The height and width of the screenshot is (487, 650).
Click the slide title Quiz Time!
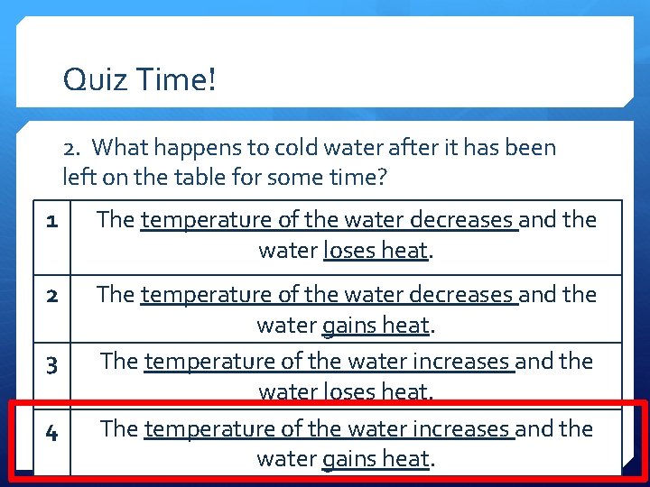pos(140,80)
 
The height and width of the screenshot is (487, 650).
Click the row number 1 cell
pos(52,219)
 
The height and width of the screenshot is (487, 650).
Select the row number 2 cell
pos(52,295)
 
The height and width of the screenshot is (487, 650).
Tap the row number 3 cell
pos(52,365)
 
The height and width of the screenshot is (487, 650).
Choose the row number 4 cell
pos(52,433)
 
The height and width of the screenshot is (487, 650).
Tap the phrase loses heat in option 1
pos(375,250)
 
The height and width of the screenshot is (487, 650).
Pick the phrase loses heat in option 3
pos(375,391)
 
